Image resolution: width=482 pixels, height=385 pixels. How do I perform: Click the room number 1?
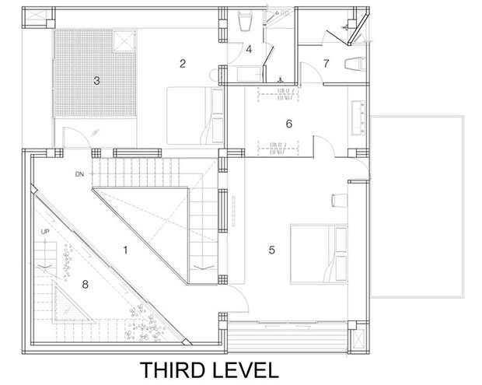tap(125, 250)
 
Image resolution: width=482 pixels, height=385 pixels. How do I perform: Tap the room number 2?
tap(183, 64)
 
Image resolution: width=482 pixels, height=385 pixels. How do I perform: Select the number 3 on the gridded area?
tap(96, 81)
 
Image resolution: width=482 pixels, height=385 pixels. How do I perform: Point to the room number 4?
tap(249, 49)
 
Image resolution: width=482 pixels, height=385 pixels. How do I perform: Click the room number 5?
tap(272, 250)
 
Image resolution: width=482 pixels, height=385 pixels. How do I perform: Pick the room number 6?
tap(289, 124)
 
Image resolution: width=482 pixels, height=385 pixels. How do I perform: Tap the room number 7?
tap(327, 63)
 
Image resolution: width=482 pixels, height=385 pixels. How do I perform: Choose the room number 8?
tap(86, 285)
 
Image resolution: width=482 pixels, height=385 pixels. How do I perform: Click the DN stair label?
tap(79, 174)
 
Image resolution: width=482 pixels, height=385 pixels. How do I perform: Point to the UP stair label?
tap(45, 232)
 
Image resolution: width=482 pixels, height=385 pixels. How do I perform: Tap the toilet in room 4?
tap(246, 21)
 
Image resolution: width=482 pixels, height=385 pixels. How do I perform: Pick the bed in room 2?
tap(195, 116)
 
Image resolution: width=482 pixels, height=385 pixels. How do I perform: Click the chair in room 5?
tap(340, 200)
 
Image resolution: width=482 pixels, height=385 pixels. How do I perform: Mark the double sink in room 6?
tap(358, 117)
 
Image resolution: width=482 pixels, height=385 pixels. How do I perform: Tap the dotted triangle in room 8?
tap(72, 305)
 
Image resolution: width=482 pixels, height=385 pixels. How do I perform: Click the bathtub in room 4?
tap(250, 74)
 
